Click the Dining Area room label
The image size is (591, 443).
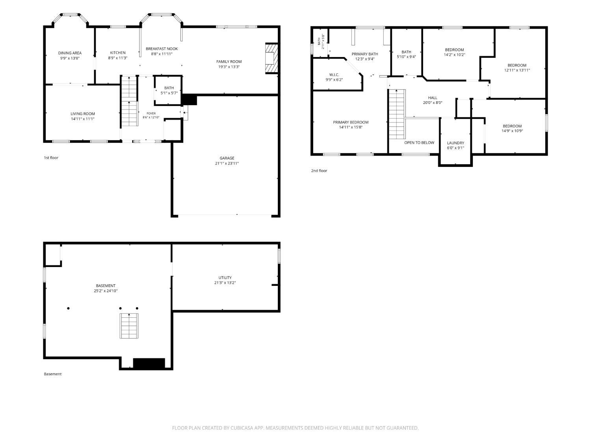(70, 53)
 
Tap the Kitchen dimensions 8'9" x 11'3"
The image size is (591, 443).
(118, 58)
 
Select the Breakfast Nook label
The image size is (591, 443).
(162, 49)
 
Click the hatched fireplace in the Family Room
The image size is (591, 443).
(271, 58)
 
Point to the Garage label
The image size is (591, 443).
(227, 158)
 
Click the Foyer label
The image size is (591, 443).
(151, 113)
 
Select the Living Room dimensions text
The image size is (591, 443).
(83, 119)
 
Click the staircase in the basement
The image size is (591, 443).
(129, 326)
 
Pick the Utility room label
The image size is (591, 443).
(225, 278)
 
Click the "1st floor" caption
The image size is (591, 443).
(51, 158)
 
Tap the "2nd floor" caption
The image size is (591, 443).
(319, 171)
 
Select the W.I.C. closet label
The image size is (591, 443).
(334, 75)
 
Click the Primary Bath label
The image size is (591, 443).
(365, 54)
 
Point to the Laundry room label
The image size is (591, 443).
(455, 143)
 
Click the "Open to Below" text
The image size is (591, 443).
(419, 143)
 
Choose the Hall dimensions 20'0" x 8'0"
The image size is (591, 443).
(432, 102)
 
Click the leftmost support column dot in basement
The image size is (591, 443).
(69, 308)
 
